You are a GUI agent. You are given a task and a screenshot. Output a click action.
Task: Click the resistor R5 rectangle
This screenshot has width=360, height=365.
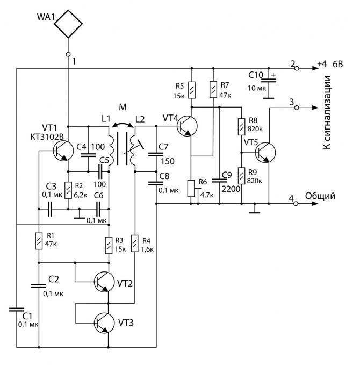[x=192, y=90]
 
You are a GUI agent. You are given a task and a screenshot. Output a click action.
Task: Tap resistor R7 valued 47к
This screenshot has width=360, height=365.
[x=213, y=89]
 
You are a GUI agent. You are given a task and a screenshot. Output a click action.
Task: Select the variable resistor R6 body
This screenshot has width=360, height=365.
[x=191, y=189]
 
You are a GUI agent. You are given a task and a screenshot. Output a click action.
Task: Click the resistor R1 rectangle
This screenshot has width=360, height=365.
[x=39, y=241]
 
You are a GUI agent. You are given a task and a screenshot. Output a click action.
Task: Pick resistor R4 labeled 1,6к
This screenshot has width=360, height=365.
[x=134, y=244]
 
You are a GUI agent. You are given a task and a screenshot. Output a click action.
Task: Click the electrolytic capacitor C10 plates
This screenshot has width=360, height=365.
[x=269, y=80]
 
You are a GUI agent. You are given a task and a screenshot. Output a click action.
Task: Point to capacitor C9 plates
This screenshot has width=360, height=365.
[x=219, y=181]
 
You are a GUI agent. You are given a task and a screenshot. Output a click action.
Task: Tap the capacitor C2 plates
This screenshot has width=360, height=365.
[x=39, y=286]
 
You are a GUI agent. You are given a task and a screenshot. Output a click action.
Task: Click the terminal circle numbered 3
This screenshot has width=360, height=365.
[x=297, y=108]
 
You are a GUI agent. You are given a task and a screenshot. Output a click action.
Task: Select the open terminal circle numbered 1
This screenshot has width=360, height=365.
[x=68, y=54]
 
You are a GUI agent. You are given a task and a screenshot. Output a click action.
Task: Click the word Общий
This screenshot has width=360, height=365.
[x=320, y=196]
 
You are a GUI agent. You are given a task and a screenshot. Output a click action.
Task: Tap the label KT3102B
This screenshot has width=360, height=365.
[x=47, y=137]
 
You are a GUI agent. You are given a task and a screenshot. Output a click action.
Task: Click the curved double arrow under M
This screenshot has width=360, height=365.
[x=123, y=125]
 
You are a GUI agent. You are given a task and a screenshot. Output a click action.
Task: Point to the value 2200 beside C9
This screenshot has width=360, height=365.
[x=231, y=189]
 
